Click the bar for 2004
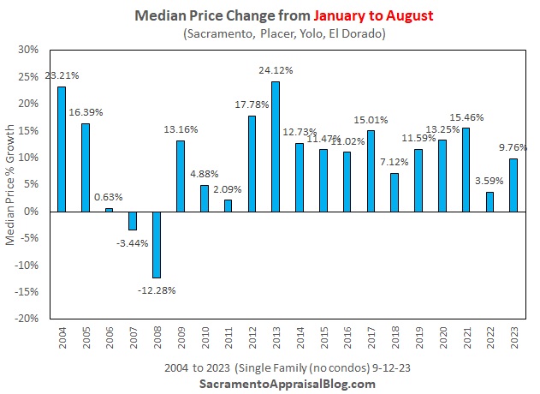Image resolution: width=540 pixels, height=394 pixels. click(x=62, y=148)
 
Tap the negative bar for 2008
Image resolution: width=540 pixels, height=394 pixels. click(x=157, y=244)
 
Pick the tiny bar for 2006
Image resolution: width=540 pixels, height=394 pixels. click(x=110, y=209)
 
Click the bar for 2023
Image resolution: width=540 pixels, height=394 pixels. click(x=513, y=184)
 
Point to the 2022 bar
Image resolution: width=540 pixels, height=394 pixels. click(x=489, y=201)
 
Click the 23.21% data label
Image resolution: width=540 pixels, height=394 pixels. click(x=62, y=75)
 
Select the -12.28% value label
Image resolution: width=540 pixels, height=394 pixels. click(x=156, y=290)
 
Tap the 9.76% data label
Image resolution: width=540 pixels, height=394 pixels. click(x=512, y=146)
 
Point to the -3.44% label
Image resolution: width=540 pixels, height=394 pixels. click(x=132, y=242)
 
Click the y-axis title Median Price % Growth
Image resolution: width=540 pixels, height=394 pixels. click(x=11, y=184)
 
